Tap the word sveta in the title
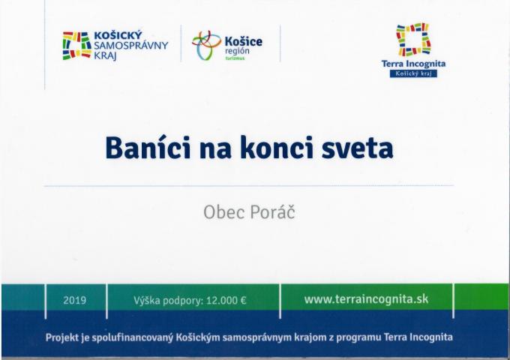[x=357, y=149]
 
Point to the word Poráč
[x=272, y=212]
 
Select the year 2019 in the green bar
[x=74, y=300]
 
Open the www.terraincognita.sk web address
[x=366, y=299]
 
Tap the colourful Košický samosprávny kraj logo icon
[x=76, y=46]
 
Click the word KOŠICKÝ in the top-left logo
[x=118, y=35]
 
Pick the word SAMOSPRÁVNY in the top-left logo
[x=130, y=46]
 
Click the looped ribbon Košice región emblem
[x=206, y=46]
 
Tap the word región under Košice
[x=237, y=52]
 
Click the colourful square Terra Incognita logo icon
[x=413, y=39]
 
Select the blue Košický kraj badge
[x=413, y=73]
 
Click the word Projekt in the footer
[x=62, y=337]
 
